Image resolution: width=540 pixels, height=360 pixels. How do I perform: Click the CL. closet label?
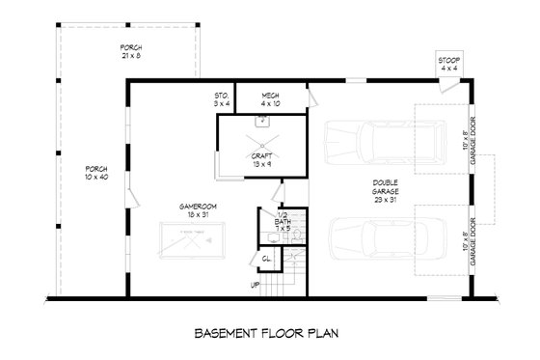point(267,258)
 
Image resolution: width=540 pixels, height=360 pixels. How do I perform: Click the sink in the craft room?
point(261,122)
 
